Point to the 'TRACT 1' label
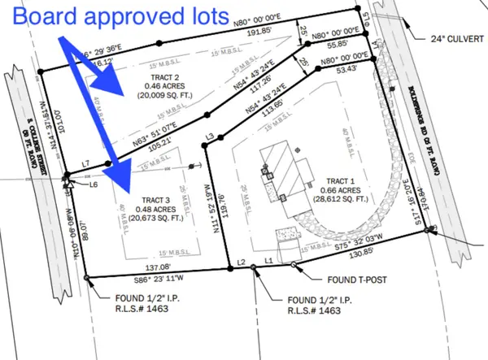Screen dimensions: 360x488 (x=340, y=180)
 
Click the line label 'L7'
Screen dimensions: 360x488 (x=86, y=164)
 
